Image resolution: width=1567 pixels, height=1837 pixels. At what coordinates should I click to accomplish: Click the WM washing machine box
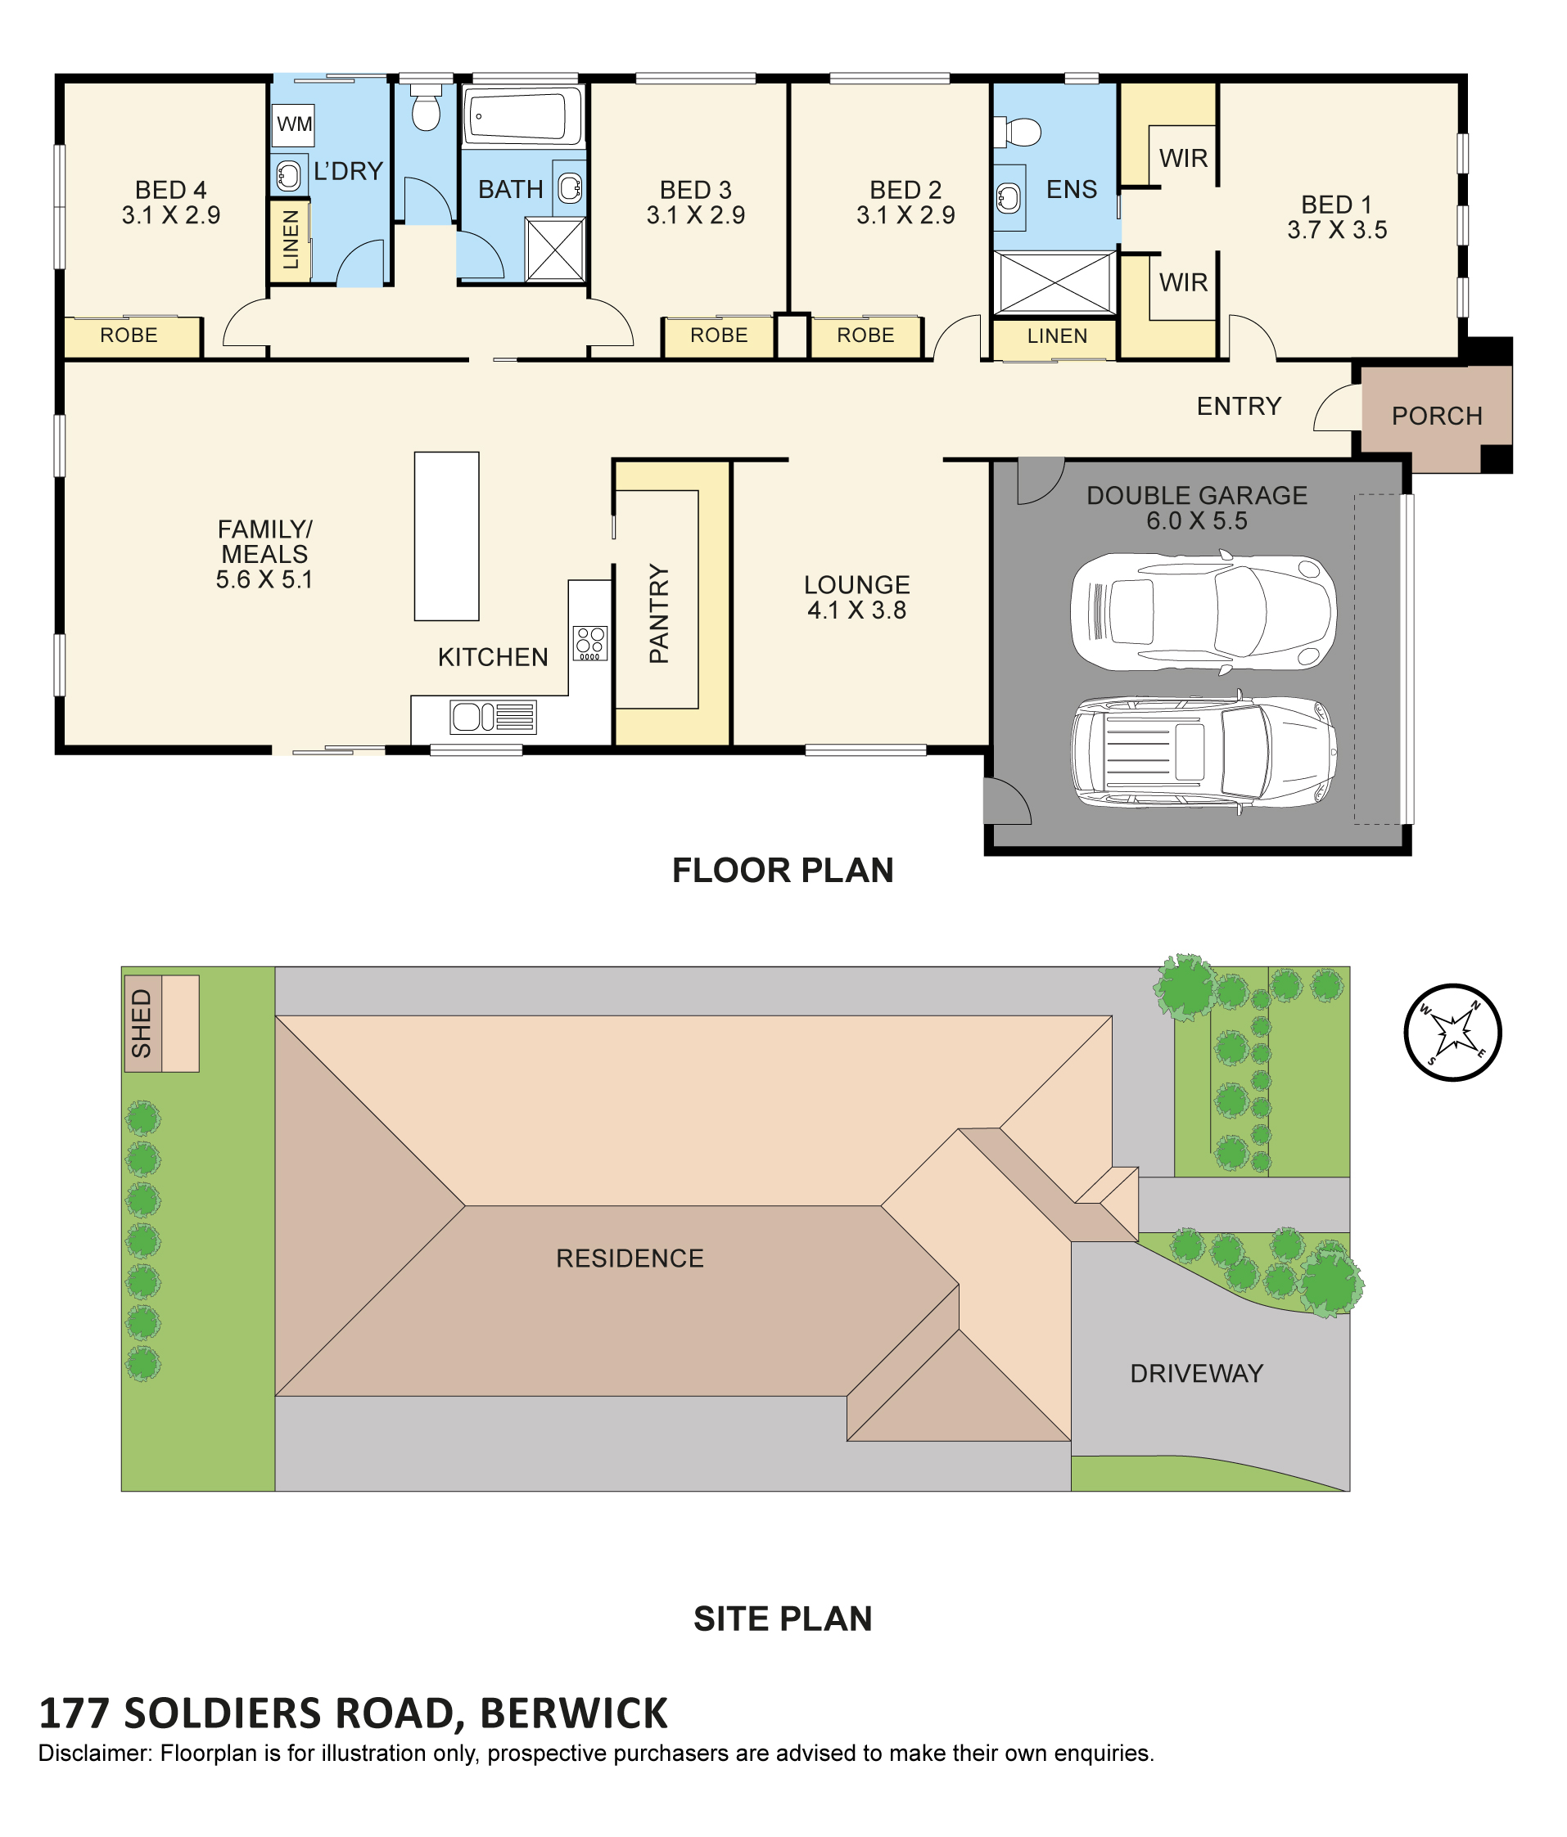[294, 124]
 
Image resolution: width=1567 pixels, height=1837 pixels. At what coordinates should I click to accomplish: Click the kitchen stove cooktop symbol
[590, 643]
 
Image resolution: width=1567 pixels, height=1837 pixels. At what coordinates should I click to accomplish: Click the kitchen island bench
[447, 535]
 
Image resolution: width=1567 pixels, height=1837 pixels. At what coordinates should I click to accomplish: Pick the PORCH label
[1437, 416]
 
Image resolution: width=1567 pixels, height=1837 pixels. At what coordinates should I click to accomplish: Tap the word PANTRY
[659, 613]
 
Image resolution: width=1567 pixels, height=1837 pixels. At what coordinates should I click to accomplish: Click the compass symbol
[1452, 1032]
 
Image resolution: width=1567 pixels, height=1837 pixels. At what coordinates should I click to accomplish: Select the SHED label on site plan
[142, 1023]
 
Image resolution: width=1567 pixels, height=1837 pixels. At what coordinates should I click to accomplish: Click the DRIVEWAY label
[1196, 1373]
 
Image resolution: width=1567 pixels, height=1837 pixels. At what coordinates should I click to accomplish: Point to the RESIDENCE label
[630, 1258]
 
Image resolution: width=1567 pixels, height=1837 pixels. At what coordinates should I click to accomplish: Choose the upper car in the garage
[1203, 611]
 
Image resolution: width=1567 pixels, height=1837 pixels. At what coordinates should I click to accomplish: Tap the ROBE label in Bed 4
[129, 335]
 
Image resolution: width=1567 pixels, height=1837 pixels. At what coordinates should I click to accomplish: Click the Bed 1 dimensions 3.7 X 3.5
[1337, 230]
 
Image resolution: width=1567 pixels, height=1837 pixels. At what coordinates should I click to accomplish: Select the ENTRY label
[1239, 406]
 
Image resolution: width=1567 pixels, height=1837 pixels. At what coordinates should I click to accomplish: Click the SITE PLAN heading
[783, 1618]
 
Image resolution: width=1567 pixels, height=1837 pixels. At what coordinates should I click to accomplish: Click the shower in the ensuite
[1054, 283]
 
